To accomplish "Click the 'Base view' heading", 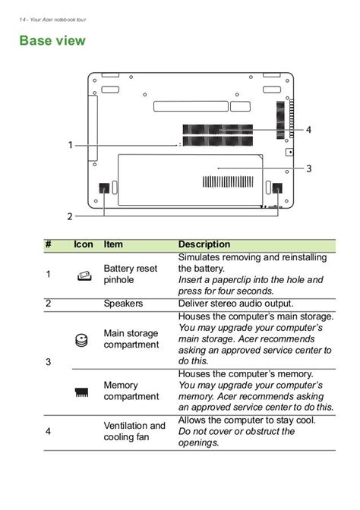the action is click(52, 41).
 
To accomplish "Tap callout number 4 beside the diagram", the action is click(308, 130).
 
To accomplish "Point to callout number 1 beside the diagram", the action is click(70, 145).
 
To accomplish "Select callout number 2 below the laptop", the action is click(70, 216).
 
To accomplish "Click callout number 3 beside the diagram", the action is click(308, 168).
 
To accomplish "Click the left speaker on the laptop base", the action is click(104, 188).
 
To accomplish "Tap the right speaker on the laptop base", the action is click(277, 188).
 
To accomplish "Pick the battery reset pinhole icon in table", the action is click(84, 275).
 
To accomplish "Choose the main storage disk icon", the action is click(81, 340).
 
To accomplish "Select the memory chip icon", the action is click(81, 392).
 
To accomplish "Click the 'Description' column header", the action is click(204, 244).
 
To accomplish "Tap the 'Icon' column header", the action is click(84, 244).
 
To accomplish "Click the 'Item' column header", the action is click(113, 244).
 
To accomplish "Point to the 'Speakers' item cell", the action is click(123, 304).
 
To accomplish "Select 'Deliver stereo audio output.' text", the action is click(235, 304).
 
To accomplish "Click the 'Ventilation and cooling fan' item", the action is click(134, 431).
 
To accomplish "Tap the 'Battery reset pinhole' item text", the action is click(130, 274).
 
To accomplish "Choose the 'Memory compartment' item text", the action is click(131, 391).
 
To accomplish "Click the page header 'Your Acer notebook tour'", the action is click(58, 20).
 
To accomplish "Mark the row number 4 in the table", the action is click(48, 431).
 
